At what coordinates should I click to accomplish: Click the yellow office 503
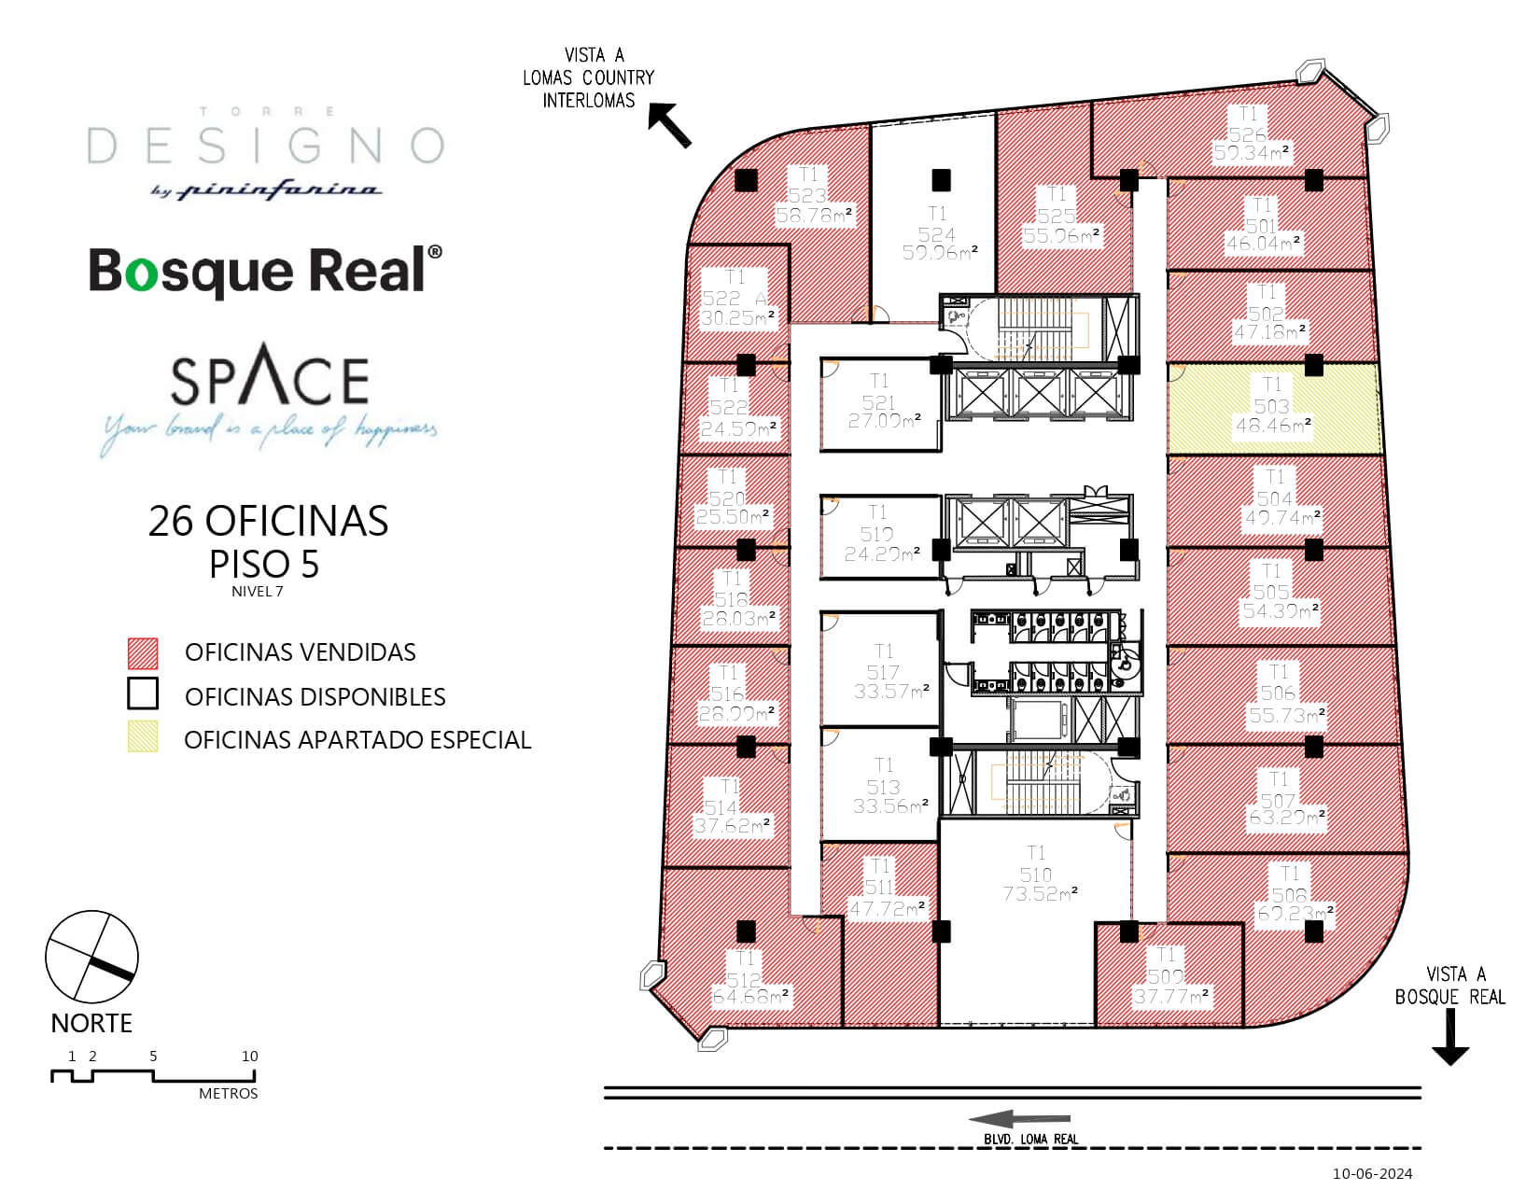pos(1273,408)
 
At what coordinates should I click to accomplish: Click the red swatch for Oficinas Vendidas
pos(143,653)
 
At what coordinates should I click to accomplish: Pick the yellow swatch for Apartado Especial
pos(143,737)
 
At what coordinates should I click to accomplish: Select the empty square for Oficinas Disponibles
pos(143,694)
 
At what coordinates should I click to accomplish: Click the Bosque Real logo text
pos(265,271)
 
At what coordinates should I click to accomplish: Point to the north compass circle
pos(91,958)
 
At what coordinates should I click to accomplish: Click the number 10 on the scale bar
pos(249,1057)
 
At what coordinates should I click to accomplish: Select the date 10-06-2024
pos(1372,1173)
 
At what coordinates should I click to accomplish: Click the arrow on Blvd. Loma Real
pos(1018,1120)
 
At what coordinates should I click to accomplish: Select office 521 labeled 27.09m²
pos(878,403)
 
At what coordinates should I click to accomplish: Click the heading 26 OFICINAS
pos(268,521)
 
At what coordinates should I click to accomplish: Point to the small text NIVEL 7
pos(258,591)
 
